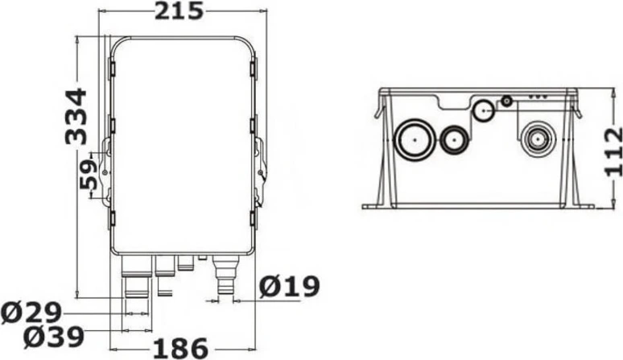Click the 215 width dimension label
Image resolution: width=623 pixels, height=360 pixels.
click(179, 10)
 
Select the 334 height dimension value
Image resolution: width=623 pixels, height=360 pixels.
click(76, 117)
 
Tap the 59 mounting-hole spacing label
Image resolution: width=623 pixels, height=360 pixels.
click(89, 174)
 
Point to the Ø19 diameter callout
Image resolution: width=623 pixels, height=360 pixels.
click(289, 286)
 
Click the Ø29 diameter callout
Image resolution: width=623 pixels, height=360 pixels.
click(31, 312)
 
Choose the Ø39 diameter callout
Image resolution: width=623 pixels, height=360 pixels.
click(54, 337)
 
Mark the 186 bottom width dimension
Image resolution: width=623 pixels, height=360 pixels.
click(181, 349)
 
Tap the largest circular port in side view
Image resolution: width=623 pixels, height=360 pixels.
click(414, 139)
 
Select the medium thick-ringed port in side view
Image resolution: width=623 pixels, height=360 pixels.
click(454, 140)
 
